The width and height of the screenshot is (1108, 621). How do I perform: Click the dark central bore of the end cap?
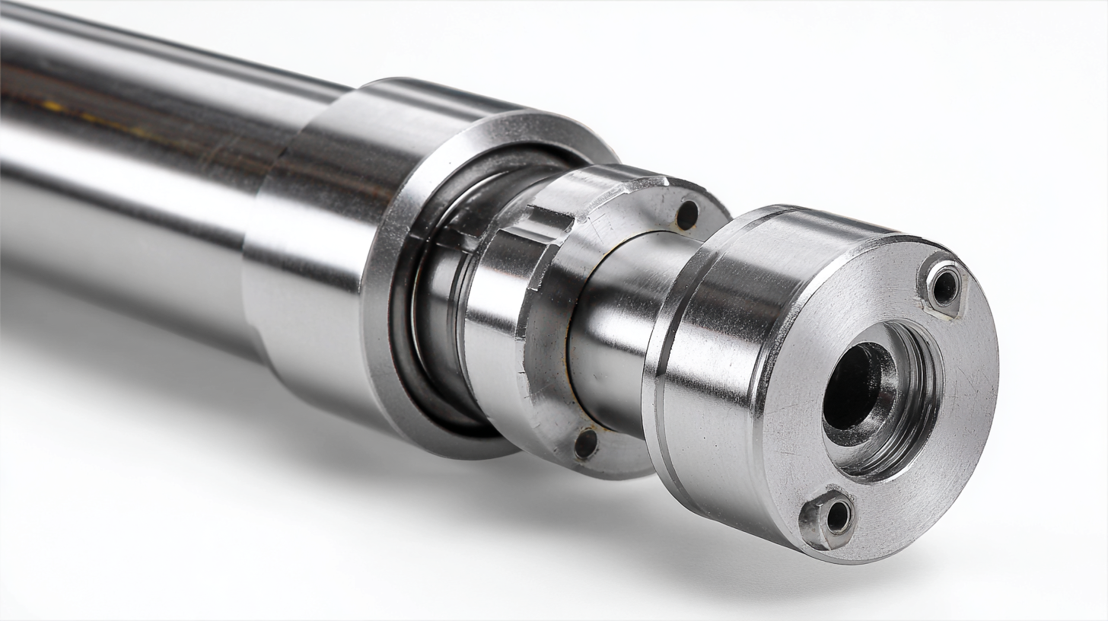(x=850, y=386)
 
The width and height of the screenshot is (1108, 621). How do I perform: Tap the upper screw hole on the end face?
(x=945, y=287)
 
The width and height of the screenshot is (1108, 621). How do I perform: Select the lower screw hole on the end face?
(x=837, y=517)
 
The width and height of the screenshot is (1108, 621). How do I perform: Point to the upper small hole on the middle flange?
(x=686, y=215)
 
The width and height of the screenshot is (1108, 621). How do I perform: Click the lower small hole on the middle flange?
(x=585, y=444)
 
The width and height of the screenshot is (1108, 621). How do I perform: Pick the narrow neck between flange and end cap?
(x=616, y=327)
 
